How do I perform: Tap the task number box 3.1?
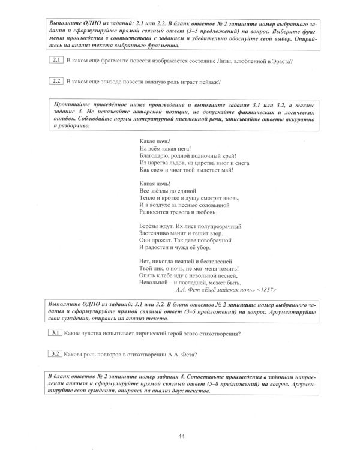56,333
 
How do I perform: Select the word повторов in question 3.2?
105,353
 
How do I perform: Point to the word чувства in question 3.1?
95,334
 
